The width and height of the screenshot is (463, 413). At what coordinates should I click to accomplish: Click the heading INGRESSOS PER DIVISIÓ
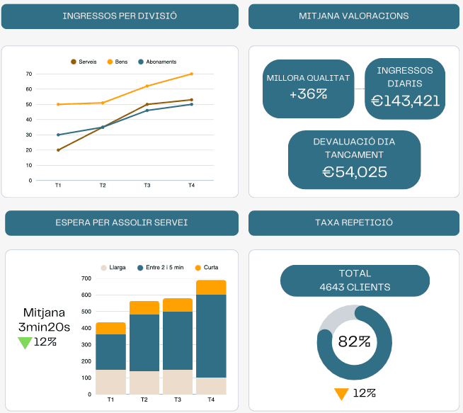pyautogui.click(x=120, y=16)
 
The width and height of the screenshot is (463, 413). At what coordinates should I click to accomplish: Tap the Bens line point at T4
pyautogui.click(x=192, y=74)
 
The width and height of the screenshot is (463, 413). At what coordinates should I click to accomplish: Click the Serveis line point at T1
pyautogui.click(x=58, y=150)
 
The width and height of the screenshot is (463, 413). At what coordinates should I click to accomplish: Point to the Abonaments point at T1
pyautogui.click(x=58, y=135)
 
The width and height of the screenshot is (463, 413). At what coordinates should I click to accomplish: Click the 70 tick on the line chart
pyautogui.click(x=29, y=74)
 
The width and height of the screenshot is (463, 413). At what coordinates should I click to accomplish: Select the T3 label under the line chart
pyautogui.click(x=147, y=186)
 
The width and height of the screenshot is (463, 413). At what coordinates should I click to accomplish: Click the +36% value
pyautogui.click(x=308, y=94)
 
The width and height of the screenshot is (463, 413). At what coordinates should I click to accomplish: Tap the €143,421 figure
pyautogui.click(x=405, y=101)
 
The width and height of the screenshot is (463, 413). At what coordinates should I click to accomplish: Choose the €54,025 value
pyautogui.click(x=355, y=171)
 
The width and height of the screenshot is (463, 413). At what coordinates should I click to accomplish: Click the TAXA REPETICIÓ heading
pyautogui.click(x=354, y=222)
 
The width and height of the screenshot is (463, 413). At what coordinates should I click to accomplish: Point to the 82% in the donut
pyautogui.click(x=355, y=341)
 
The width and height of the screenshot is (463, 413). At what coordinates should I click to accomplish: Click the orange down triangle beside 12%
pyautogui.click(x=341, y=394)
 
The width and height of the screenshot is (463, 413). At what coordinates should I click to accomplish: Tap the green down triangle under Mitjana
pyautogui.click(x=25, y=343)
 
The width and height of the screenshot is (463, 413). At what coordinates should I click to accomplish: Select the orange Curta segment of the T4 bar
pyautogui.click(x=211, y=287)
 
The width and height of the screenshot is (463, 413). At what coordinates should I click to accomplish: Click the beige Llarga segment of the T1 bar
pyautogui.click(x=110, y=381)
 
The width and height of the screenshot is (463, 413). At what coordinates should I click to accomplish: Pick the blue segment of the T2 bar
pyautogui.click(x=144, y=342)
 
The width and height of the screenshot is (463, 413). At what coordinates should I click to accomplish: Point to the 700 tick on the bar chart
pyautogui.click(x=86, y=278)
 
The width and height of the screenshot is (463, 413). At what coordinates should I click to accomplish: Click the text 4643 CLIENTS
pyautogui.click(x=355, y=287)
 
